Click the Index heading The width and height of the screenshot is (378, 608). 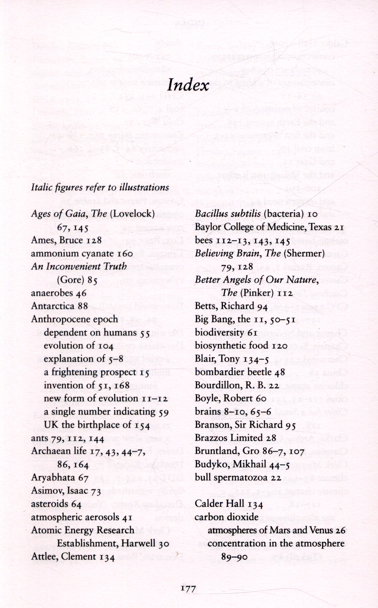coord(188,85)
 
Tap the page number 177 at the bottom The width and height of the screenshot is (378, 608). coord(188,588)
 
